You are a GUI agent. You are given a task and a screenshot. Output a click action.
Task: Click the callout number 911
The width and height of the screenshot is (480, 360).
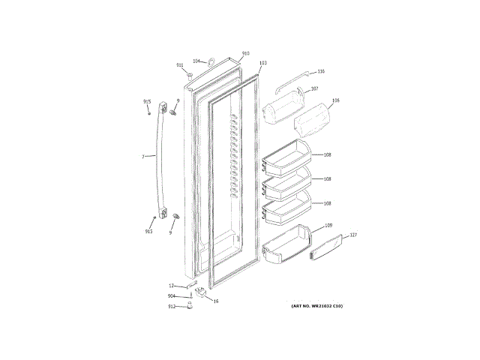click(x=180, y=65)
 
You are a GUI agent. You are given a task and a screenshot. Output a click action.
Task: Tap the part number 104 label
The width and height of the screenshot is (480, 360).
click(x=196, y=61)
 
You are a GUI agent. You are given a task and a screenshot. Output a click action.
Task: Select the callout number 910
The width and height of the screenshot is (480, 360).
click(x=245, y=54)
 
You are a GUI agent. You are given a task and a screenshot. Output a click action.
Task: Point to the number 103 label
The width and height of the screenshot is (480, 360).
click(x=262, y=64)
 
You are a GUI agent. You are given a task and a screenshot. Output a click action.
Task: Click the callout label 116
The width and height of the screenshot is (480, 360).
click(x=320, y=71)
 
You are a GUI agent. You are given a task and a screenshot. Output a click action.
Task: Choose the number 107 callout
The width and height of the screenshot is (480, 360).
click(x=313, y=88)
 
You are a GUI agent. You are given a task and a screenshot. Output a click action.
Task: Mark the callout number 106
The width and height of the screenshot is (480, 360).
click(x=335, y=100)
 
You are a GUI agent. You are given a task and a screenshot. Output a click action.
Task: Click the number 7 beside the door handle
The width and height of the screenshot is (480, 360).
click(x=142, y=157)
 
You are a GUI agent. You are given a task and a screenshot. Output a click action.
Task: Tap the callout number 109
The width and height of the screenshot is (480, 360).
click(x=328, y=226)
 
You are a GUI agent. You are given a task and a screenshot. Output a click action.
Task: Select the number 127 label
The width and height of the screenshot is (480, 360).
click(x=353, y=235)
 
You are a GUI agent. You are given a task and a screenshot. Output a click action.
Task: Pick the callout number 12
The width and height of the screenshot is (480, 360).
click(x=171, y=286)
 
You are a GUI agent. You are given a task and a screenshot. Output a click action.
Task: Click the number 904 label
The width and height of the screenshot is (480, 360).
click(x=172, y=296)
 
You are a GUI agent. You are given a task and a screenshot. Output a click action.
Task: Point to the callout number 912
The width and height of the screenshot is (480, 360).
click(x=172, y=307)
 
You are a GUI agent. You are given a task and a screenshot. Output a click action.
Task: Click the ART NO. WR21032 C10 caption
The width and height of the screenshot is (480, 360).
click(x=316, y=307)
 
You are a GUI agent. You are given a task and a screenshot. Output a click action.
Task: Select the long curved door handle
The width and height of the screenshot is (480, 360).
click(x=158, y=172)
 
